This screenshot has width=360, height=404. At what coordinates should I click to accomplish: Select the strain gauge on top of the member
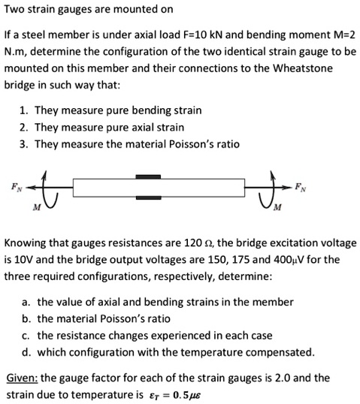(148, 176)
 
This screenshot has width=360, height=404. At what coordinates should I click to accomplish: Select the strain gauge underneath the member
(148, 199)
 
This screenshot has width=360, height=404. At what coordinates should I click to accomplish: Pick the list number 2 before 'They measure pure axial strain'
(24, 127)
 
